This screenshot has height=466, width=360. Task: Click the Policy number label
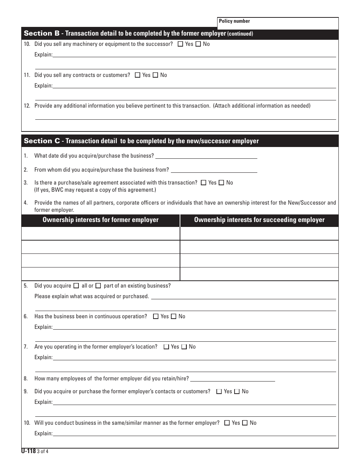234,21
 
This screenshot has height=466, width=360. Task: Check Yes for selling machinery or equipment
180,44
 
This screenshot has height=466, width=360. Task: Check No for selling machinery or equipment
198,44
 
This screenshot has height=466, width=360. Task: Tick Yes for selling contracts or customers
138,75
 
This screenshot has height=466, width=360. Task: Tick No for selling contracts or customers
155,75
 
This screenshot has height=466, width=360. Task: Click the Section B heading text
138,34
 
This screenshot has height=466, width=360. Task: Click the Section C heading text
141,141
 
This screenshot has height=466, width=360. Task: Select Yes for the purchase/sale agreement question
203,183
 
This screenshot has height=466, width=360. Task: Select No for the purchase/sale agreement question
221,183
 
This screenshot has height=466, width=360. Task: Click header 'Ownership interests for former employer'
100,220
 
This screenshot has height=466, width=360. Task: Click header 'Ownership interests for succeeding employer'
259,220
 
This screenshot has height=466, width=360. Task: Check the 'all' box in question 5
76,286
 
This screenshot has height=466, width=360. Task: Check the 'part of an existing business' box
98,286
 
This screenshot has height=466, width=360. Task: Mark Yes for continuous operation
156,317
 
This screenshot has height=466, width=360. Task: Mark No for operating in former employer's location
184,347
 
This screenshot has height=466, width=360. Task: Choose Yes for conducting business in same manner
227,423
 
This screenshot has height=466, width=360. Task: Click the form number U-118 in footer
28,451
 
